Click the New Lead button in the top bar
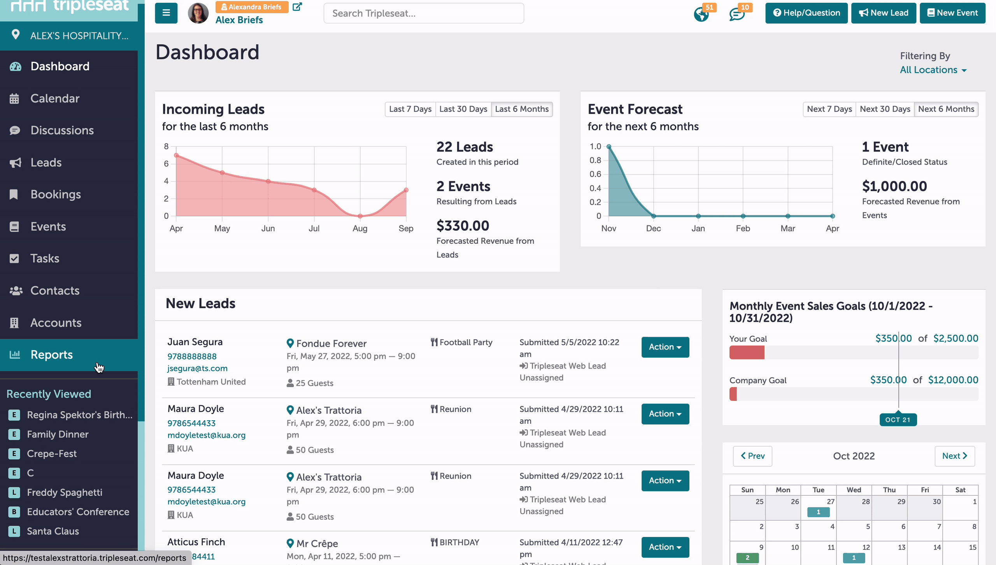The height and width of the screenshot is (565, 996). click(883, 13)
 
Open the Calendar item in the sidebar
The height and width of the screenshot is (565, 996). click(55, 98)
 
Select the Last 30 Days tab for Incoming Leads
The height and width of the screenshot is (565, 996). click(463, 109)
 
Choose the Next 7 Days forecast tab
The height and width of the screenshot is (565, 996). click(829, 109)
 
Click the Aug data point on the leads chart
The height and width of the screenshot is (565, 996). click(360, 216)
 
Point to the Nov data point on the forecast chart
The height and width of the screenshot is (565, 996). click(609, 147)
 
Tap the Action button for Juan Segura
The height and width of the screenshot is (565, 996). click(665, 347)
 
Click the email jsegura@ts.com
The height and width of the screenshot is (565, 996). click(197, 368)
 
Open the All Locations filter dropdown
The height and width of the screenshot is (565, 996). click(933, 70)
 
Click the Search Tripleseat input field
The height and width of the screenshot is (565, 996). click(424, 13)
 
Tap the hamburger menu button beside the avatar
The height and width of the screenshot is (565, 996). click(166, 13)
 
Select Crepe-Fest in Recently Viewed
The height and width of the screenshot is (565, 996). click(52, 454)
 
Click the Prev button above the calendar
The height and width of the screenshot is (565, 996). click(752, 456)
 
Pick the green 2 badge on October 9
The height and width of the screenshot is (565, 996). click(747, 558)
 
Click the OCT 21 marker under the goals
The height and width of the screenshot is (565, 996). click(898, 419)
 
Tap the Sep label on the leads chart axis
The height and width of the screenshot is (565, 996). click(406, 228)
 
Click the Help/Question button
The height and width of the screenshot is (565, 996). click(806, 13)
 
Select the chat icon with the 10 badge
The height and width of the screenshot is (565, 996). click(736, 14)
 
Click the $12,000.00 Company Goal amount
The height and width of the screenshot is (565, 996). click(953, 380)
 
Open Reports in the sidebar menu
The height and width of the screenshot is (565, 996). click(51, 354)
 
